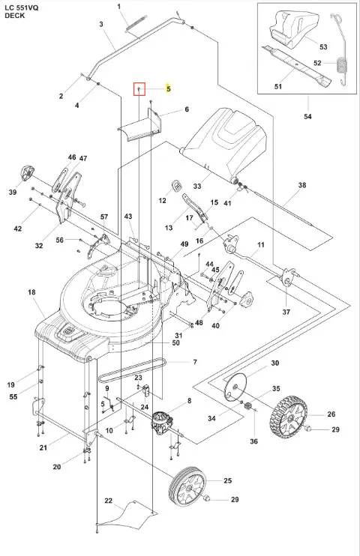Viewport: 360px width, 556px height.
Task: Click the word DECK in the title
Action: (x=14, y=16)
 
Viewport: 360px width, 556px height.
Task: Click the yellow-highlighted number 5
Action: (x=169, y=88)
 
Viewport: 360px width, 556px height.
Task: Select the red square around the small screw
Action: (x=139, y=89)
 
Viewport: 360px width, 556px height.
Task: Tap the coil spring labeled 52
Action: (x=340, y=49)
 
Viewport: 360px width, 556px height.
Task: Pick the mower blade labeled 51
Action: (x=296, y=66)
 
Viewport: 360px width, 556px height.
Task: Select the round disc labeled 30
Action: (x=234, y=387)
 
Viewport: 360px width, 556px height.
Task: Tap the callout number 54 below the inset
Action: (x=307, y=116)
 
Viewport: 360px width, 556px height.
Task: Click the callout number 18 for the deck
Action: (x=31, y=292)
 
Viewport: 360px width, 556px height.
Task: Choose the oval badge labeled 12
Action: (x=176, y=186)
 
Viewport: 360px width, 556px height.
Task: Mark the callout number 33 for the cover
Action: (x=197, y=186)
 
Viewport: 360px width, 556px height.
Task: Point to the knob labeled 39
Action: (x=26, y=173)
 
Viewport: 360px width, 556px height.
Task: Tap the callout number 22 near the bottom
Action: (x=109, y=501)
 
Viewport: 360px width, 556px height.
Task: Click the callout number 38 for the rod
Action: (x=302, y=185)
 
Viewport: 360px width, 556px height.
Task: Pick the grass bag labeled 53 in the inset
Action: (x=292, y=29)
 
